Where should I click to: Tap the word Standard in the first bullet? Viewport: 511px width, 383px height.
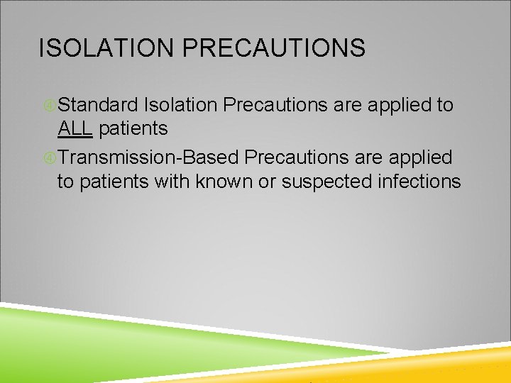coord(98,105)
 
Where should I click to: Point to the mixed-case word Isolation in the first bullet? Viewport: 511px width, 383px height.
coord(180,105)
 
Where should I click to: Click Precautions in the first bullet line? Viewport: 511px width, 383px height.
coord(275,105)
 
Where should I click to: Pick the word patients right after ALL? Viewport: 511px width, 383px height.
coord(133,128)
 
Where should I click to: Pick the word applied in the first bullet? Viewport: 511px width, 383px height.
coord(400,105)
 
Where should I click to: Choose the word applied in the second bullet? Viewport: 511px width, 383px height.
coord(422,155)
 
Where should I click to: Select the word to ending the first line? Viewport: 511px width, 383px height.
coord(445,105)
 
